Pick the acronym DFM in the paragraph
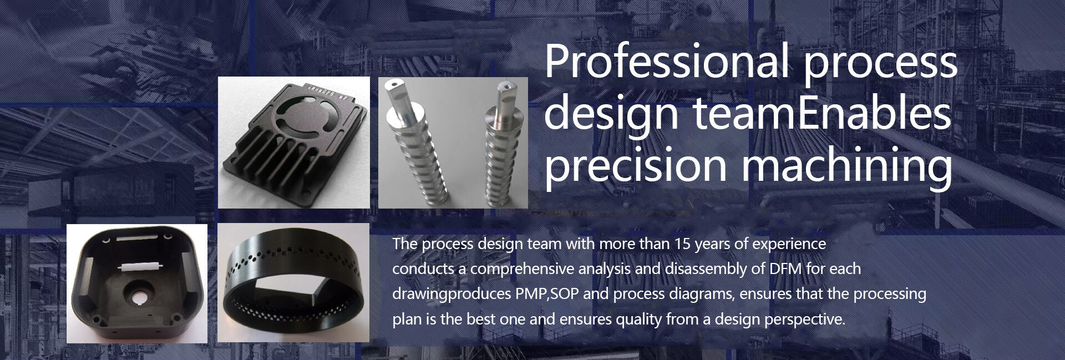[x=783, y=268]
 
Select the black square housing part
[x=136, y=283]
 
